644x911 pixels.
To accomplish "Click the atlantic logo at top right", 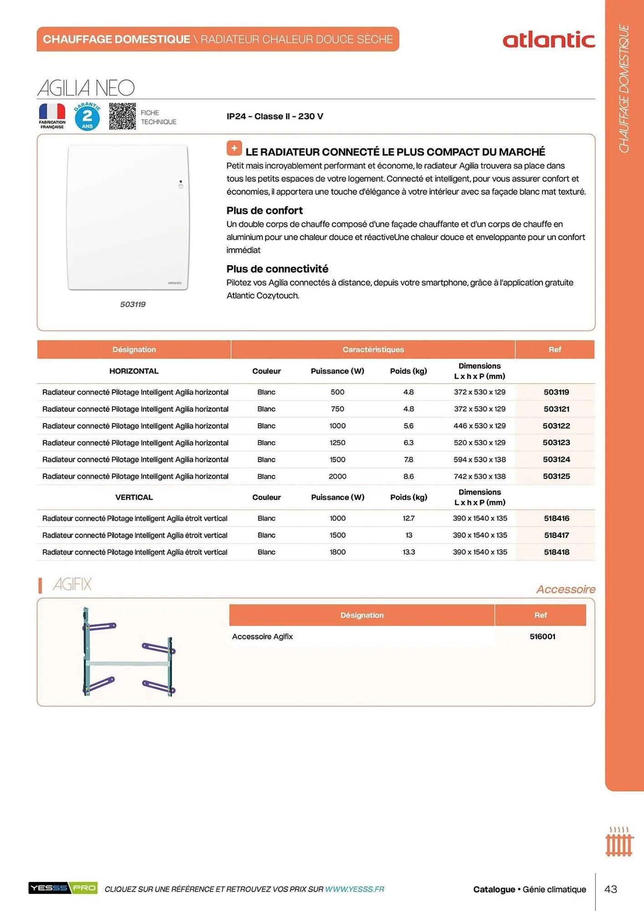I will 548,40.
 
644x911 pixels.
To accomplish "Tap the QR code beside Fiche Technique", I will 122,116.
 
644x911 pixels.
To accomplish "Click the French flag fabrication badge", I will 52,116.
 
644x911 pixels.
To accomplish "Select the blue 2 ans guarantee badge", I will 87,117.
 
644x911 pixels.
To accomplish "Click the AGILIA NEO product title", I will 86,88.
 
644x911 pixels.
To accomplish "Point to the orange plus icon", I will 234,148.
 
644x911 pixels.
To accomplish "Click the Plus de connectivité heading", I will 277,269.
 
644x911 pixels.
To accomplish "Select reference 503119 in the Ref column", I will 556,392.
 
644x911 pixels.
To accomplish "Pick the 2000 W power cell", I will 337,476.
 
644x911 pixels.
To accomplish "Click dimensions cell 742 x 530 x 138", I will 480,476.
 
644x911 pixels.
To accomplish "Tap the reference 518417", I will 556,535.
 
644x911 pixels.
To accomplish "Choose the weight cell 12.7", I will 409,518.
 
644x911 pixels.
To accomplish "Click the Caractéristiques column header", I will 373,350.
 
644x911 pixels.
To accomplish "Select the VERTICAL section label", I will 134,497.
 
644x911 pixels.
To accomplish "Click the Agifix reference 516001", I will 542,637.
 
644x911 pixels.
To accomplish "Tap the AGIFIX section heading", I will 72,584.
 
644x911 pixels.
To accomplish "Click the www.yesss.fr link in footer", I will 354,889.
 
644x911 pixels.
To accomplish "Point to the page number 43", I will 610,889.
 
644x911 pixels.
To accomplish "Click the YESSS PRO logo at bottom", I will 63,888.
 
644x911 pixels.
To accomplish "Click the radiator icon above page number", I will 619,842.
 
